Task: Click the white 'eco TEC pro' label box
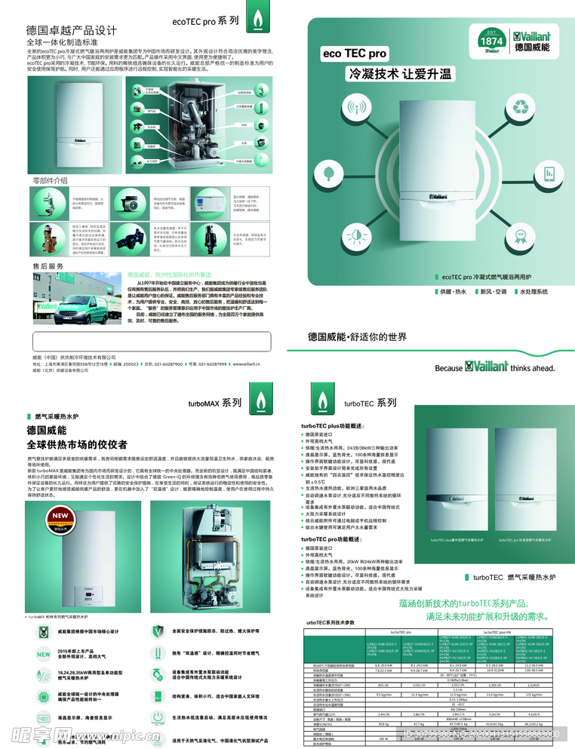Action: pyautogui.click(x=355, y=54)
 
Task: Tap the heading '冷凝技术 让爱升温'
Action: pyautogui.click(x=399, y=74)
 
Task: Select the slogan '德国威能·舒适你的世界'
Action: pyautogui.click(x=357, y=336)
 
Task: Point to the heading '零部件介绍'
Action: pyautogui.click(x=50, y=180)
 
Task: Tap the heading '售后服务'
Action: pyautogui.click(x=48, y=266)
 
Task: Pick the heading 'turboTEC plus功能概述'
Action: pyautogui.click(x=333, y=426)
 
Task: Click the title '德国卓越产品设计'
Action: pyautogui.click(x=72, y=30)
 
